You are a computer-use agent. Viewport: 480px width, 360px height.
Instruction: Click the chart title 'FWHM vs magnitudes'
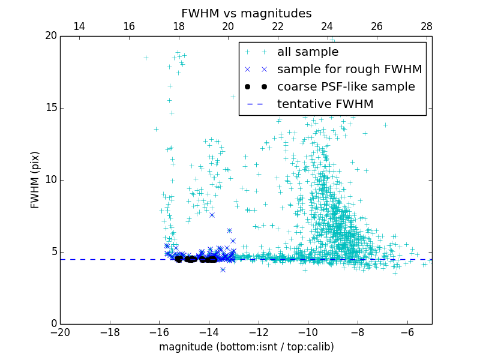[246, 13]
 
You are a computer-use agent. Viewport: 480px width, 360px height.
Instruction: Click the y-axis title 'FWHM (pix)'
[35, 179]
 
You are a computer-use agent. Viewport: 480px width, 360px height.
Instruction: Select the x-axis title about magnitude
[246, 347]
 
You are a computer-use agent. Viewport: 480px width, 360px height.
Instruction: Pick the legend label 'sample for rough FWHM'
[349, 70]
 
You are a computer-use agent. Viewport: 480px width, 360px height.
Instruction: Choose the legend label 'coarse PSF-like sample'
[346, 87]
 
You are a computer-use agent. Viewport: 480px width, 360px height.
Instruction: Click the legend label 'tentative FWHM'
[325, 104]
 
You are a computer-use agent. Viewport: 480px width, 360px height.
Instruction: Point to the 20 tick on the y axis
[50, 36]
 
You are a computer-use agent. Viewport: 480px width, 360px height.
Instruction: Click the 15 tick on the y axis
[50, 108]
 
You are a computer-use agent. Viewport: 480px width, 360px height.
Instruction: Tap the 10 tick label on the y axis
[50, 180]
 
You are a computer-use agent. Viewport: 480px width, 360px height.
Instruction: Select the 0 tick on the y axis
[53, 324]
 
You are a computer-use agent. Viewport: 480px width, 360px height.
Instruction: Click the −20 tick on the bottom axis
[60, 332]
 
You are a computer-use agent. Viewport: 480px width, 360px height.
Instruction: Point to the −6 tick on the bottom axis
[407, 332]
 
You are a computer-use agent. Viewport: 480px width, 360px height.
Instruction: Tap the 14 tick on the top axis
[79, 26]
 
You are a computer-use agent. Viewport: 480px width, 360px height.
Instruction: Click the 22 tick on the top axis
[278, 26]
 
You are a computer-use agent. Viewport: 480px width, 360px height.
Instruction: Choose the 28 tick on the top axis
[427, 26]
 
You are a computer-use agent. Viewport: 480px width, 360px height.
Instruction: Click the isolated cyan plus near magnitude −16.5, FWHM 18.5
[146, 58]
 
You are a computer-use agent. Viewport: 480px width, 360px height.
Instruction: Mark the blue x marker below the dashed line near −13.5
[223, 269]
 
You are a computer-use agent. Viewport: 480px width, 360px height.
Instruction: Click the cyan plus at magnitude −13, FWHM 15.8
[233, 97]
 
